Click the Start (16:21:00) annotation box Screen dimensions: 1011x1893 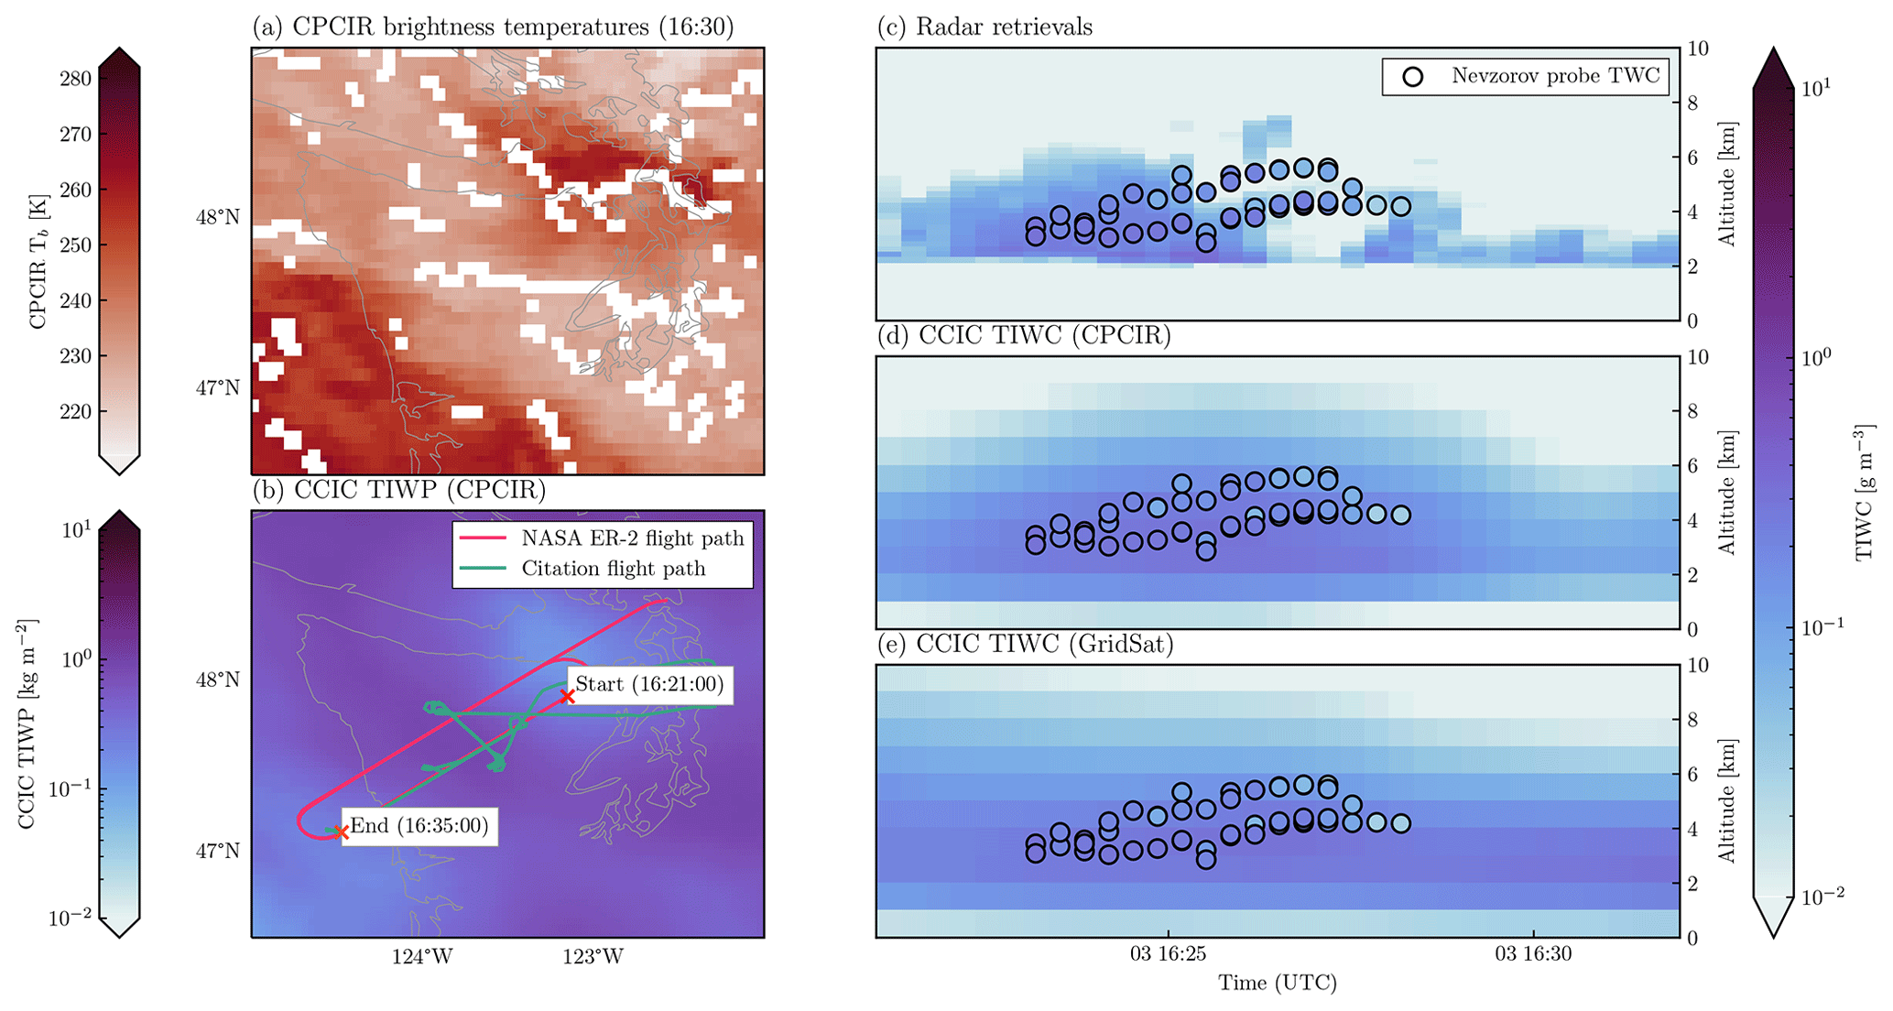[x=649, y=685]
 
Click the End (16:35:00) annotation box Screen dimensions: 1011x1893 [x=419, y=826]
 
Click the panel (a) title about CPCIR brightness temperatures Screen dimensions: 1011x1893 [x=493, y=27]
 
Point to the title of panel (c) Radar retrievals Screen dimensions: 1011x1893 [x=985, y=27]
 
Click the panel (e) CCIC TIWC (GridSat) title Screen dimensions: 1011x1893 [x=1025, y=645]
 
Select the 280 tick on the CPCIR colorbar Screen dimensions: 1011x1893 [x=75, y=79]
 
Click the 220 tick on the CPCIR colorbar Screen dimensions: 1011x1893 [x=75, y=411]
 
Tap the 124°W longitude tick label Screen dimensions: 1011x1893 [x=422, y=957]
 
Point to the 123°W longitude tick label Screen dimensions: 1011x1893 [x=593, y=957]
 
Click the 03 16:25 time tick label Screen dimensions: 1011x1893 [x=1168, y=954]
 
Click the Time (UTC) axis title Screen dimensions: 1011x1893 [x=1277, y=984]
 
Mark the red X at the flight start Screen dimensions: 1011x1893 [x=568, y=697]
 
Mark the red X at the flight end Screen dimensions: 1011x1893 [x=341, y=832]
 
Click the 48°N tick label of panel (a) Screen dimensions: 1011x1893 [x=218, y=218]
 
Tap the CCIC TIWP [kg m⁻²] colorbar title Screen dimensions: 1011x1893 [x=27, y=723]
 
